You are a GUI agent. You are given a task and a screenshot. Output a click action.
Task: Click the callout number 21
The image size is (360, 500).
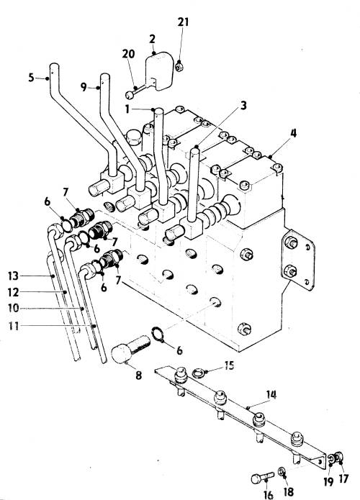point(183,22)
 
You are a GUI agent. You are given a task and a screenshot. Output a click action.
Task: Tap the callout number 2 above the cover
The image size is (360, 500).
point(152,39)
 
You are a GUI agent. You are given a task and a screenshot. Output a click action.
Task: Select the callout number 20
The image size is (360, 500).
point(128,54)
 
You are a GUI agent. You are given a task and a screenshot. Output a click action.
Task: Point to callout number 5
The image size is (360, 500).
point(31,78)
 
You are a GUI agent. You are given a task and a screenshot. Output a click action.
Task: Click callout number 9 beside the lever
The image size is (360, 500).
point(84,87)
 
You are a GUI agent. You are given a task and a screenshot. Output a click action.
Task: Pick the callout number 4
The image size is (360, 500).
point(293,133)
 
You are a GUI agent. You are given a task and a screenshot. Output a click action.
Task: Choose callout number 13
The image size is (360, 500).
point(14,276)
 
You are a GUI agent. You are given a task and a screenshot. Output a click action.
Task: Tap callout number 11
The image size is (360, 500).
point(14,326)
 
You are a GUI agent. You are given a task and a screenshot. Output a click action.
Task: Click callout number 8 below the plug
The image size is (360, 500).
point(138,376)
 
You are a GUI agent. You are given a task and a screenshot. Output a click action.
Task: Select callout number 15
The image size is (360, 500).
point(229,365)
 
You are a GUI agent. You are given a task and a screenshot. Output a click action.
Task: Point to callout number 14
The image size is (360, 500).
point(271,395)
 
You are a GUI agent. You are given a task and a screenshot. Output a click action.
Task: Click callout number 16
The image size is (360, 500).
point(269,494)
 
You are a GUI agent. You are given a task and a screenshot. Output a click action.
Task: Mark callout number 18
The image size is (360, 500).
point(288,491)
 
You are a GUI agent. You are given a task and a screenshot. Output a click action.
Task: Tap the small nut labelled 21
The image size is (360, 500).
point(179,68)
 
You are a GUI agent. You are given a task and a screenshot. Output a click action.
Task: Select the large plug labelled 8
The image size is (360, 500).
point(131,348)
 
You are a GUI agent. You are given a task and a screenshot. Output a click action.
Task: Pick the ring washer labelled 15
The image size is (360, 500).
point(198,372)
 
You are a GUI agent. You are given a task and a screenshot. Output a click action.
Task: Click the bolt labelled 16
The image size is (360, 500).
point(262,478)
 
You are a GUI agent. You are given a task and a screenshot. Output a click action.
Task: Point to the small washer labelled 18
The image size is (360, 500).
point(282,471)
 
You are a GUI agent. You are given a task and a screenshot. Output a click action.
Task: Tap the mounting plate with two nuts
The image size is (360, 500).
point(298,260)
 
